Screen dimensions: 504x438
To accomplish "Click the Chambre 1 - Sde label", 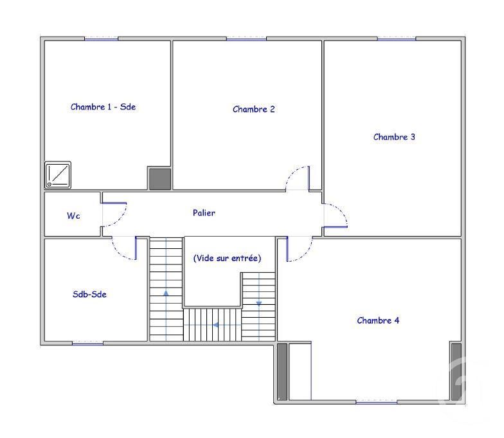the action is pyautogui.click(x=103, y=107).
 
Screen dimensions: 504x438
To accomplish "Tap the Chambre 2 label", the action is pyautogui.click(x=253, y=109).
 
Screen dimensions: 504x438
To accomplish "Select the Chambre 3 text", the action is pyautogui.click(x=394, y=137).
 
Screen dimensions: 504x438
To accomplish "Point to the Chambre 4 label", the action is pyautogui.click(x=378, y=320).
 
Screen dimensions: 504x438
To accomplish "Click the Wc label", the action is pyautogui.click(x=73, y=215).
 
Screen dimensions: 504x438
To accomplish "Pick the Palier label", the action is pyautogui.click(x=204, y=212).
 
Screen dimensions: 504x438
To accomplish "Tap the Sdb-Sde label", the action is pyautogui.click(x=89, y=295).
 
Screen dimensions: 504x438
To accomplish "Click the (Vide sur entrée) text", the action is pyautogui.click(x=228, y=259).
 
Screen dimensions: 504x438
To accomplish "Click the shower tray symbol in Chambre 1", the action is pyautogui.click(x=58, y=175).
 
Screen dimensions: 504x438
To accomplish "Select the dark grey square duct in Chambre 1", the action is pyautogui.click(x=159, y=179).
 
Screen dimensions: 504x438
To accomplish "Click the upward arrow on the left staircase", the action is pyautogui.click(x=166, y=293).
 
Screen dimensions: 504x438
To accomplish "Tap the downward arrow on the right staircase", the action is pyautogui.click(x=258, y=304).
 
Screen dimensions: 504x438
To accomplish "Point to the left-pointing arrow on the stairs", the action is pyautogui.click(x=216, y=325).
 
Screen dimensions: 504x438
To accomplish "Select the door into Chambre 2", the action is pyautogui.click(x=298, y=178).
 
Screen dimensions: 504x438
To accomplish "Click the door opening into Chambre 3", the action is pyautogui.click(x=336, y=216).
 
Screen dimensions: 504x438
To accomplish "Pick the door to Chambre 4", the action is pyautogui.click(x=300, y=249).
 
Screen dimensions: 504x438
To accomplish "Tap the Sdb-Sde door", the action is pyautogui.click(x=125, y=248).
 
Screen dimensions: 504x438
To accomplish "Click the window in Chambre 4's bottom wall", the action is pyautogui.click(x=377, y=402).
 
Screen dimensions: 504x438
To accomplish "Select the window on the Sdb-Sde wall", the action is pyautogui.click(x=87, y=343).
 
